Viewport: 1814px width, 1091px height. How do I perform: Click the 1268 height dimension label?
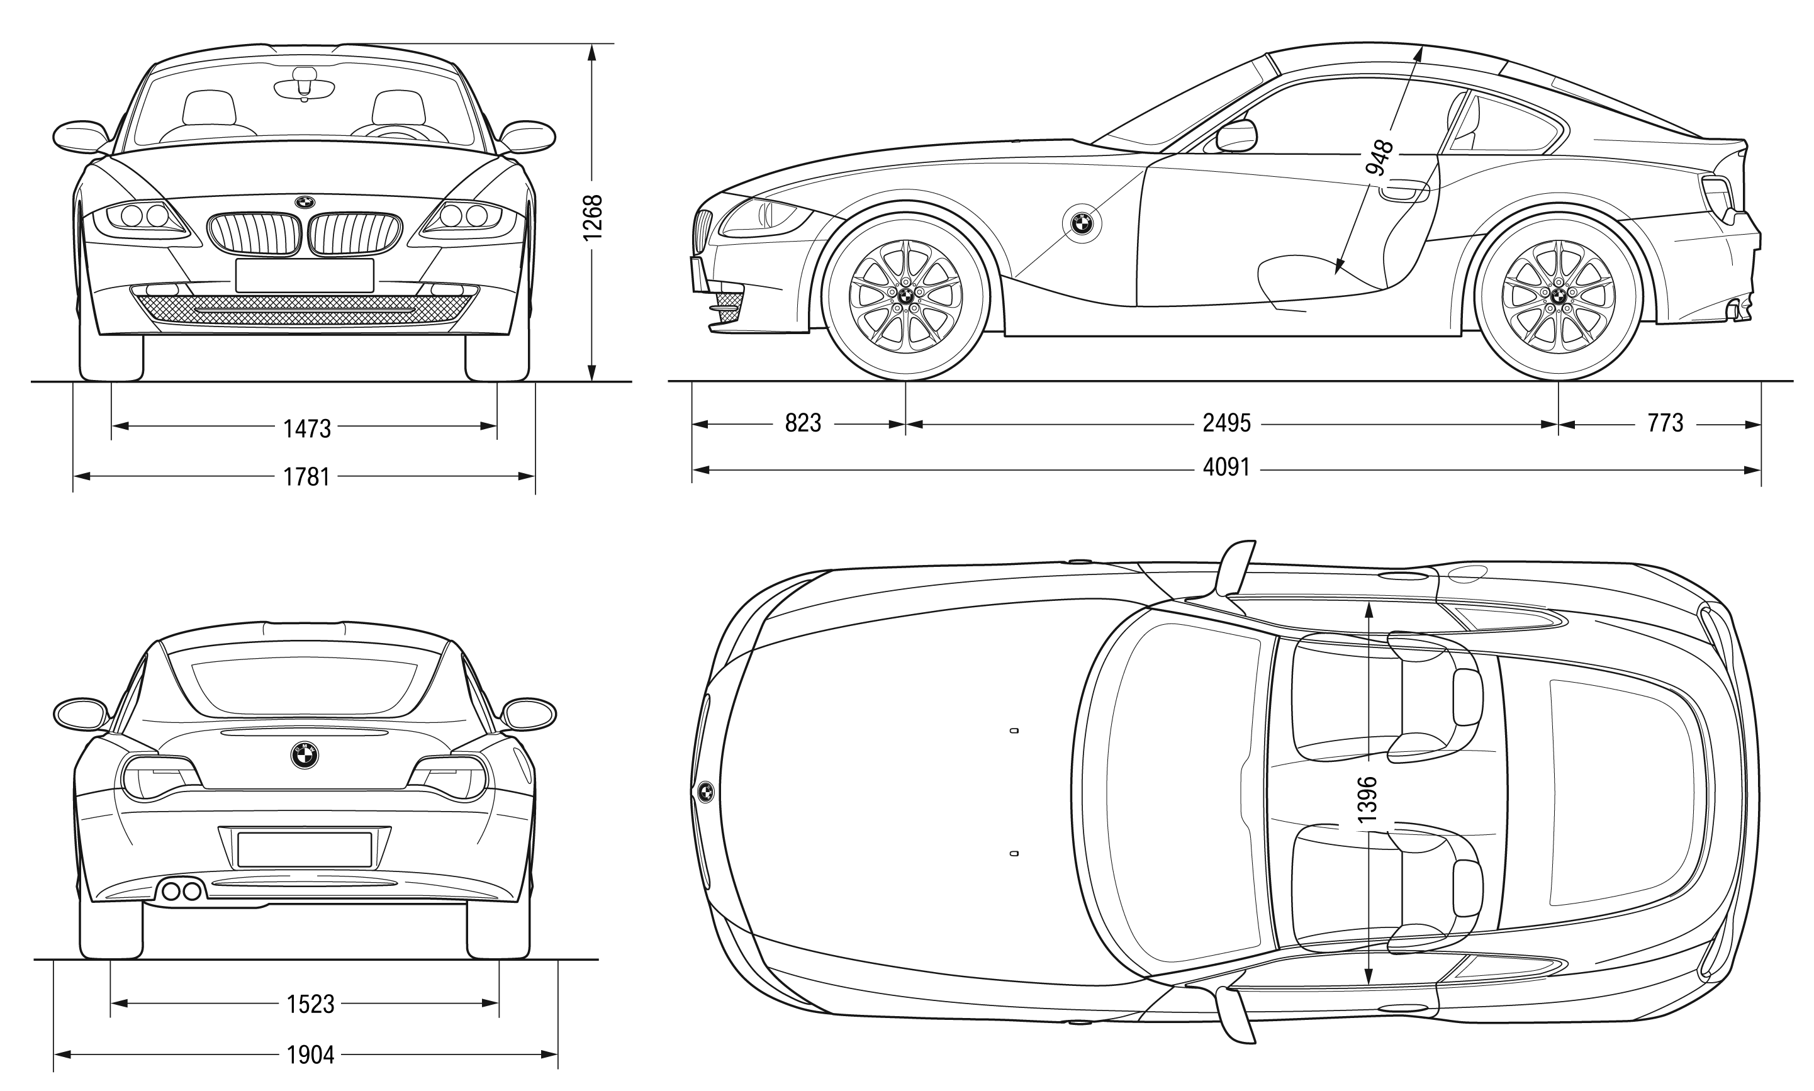(593, 217)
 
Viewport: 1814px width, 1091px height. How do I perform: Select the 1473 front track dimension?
(307, 428)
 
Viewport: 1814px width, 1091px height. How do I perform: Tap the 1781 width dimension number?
(307, 477)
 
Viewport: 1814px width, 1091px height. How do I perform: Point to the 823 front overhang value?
(803, 423)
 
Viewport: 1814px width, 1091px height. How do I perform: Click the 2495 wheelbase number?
(1227, 423)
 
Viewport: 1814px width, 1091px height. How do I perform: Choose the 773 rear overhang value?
(1666, 423)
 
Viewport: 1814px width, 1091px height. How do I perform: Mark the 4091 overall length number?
(1227, 467)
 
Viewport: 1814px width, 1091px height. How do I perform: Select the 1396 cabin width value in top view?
(1367, 799)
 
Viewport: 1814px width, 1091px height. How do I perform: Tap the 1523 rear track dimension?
(310, 1004)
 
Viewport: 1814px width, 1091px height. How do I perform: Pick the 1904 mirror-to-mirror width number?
(310, 1056)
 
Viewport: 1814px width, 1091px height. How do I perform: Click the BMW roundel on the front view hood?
(305, 201)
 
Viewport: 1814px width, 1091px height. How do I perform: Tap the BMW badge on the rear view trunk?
(305, 754)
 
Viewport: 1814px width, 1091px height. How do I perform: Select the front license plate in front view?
(305, 275)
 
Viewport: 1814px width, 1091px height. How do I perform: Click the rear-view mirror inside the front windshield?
(305, 87)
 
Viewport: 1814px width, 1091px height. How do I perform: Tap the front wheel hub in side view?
(905, 296)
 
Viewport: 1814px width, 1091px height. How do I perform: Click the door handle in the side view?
(1404, 193)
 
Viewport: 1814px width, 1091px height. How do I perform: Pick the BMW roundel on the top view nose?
(705, 791)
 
